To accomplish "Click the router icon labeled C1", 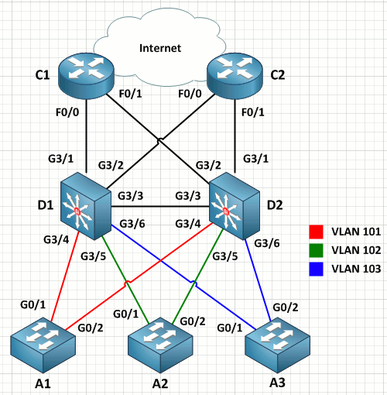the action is click(x=86, y=76).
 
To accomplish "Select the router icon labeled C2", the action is click(x=235, y=76).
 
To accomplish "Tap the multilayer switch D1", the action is click(x=86, y=206).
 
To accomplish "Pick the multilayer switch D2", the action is click(x=235, y=206).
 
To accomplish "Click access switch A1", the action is click(x=43, y=345).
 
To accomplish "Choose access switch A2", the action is click(x=160, y=345).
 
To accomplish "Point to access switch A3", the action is click(x=277, y=345).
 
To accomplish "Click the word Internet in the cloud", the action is click(x=160, y=48).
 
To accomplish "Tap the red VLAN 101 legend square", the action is click(x=316, y=232).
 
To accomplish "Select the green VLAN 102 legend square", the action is click(x=316, y=250).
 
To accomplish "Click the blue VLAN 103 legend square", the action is click(x=316, y=269).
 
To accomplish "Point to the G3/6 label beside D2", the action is click(x=267, y=243).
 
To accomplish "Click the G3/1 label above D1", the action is click(x=61, y=159).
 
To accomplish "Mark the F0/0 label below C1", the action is click(x=67, y=112).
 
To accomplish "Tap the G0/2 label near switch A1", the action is click(x=91, y=328).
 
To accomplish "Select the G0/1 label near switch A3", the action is click(x=230, y=328).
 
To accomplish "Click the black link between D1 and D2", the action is click(x=160, y=207).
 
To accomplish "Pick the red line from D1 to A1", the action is click(x=65, y=276).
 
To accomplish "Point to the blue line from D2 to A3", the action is click(x=258, y=280).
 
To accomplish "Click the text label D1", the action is click(x=46, y=205).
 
